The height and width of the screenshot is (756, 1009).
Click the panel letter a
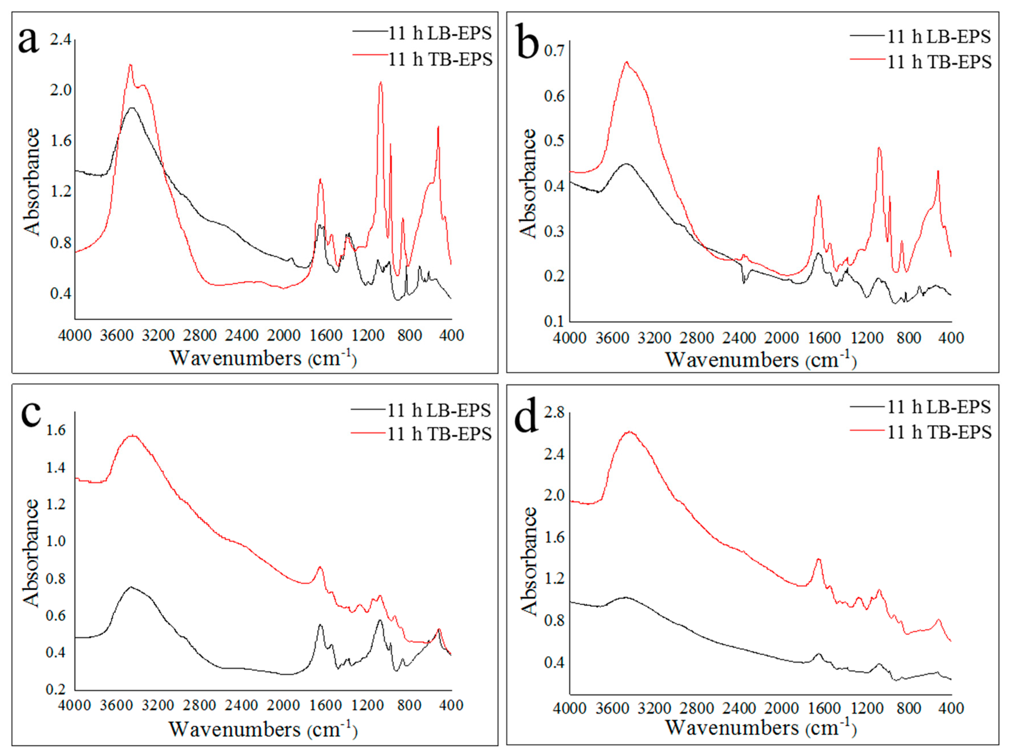(x=28, y=40)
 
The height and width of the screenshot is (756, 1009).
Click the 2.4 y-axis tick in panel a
(x=61, y=40)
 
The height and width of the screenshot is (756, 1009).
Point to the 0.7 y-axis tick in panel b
(x=554, y=50)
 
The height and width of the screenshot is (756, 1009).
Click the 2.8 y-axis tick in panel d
(x=554, y=413)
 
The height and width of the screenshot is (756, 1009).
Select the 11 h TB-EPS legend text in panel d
(x=939, y=432)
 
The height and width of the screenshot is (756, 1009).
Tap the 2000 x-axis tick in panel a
(x=283, y=335)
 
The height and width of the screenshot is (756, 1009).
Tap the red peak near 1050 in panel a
(x=381, y=82)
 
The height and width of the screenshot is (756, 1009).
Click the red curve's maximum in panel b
(x=626, y=62)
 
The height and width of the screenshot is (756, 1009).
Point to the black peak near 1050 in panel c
(x=379, y=620)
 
